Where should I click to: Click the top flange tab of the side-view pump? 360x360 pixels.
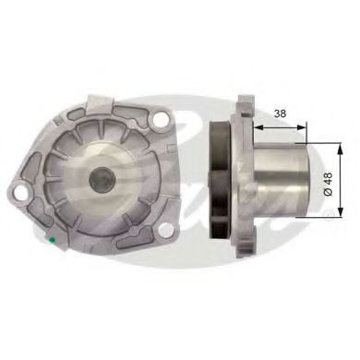click(244, 103)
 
